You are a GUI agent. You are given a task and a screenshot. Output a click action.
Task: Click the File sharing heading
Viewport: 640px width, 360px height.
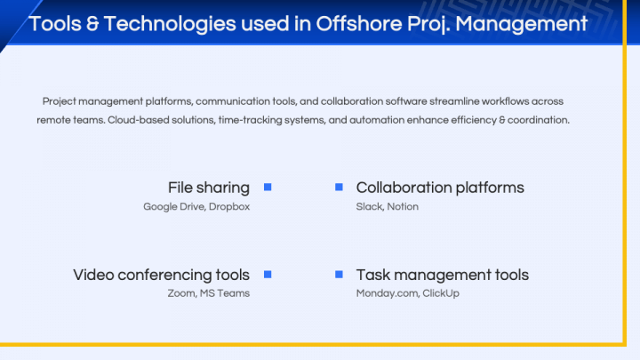click(x=208, y=188)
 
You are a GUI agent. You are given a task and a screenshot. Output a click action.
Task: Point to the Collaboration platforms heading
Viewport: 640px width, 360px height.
click(x=440, y=188)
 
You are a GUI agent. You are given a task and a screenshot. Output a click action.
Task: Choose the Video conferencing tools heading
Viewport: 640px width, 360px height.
click(x=161, y=275)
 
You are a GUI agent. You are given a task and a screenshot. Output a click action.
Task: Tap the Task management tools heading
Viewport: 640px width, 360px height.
click(x=442, y=275)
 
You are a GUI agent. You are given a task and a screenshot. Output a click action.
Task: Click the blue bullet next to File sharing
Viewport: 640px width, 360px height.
click(x=268, y=187)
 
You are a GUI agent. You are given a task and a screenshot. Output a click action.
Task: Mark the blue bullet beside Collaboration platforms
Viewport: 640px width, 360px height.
click(x=339, y=187)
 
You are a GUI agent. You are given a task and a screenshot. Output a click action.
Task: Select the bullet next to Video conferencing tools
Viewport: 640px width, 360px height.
click(x=268, y=274)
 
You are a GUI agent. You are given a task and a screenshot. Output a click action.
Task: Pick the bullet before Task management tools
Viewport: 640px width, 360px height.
click(x=339, y=274)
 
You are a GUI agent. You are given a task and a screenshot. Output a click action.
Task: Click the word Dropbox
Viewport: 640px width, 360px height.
click(x=229, y=206)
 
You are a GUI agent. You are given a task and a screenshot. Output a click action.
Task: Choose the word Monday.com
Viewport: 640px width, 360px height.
click(x=386, y=293)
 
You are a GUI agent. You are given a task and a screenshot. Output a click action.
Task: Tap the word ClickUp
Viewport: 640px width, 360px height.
click(x=441, y=293)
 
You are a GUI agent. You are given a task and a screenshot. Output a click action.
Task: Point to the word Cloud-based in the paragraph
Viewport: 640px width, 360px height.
click(x=137, y=119)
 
